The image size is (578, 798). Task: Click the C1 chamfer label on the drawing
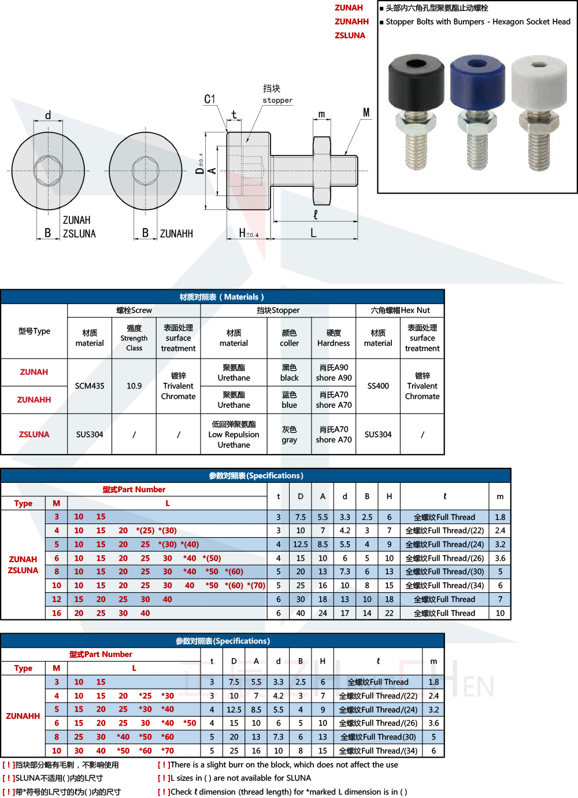[x=210, y=99]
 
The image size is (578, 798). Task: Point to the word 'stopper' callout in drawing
[x=277, y=101]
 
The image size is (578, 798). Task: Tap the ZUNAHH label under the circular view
[x=176, y=234]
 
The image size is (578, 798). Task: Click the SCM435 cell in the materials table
[x=90, y=386]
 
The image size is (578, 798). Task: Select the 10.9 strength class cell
[x=134, y=386]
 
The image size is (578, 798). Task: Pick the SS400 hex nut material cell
[x=378, y=386]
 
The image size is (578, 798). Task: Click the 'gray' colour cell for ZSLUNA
[x=290, y=434]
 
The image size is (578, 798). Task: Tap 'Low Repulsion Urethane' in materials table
[x=234, y=434]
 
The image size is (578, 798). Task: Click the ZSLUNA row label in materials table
[x=34, y=434]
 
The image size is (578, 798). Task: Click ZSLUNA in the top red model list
[x=350, y=35]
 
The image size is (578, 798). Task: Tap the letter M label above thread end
[x=366, y=112]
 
